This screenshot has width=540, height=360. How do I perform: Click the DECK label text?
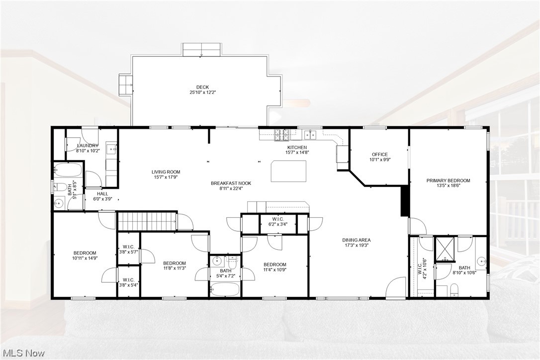(x=202, y=87)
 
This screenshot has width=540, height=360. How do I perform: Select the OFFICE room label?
(x=379, y=154)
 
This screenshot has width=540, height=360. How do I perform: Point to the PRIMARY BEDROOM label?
(x=448, y=180)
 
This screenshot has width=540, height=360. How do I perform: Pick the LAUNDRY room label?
(x=88, y=146)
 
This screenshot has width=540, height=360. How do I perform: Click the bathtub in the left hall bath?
(x=67, y=171)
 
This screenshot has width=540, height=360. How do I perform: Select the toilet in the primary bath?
(x=454, y=289)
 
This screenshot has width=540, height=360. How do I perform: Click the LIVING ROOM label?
(x=166, y=172)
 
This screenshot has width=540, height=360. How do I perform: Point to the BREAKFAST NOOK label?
(x=231, y=183)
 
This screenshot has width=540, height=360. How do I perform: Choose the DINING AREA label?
(x=358, y=240)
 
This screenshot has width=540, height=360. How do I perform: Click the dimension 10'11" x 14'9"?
(x=85, y=258)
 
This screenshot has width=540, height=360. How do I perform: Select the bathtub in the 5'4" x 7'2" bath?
(x=224, y=289)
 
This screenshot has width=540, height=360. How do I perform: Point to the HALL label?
(x=102, y=194)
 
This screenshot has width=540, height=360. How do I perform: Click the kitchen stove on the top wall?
(x=282, y=133)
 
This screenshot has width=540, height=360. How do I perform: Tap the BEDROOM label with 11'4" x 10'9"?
(x=274, y=265)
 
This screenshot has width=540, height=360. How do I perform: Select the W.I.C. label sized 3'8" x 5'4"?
(x=128, y=279)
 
